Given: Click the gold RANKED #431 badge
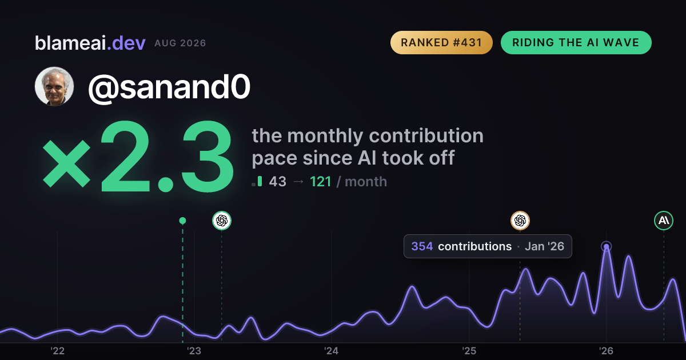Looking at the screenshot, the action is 441,42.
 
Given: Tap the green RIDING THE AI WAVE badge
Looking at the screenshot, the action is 576,42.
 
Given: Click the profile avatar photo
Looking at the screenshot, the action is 54,86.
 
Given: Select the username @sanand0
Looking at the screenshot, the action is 169,87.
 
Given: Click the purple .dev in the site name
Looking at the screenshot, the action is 126,43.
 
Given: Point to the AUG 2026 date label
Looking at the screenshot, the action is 181,43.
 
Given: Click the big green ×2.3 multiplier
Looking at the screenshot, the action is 138,157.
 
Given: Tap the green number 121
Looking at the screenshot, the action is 320,182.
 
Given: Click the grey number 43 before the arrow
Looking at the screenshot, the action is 277,182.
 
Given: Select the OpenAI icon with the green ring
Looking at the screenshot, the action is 222,221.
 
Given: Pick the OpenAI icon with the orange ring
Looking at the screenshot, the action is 520,221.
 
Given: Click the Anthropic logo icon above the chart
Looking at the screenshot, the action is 664,221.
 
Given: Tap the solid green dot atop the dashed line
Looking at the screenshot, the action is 182,221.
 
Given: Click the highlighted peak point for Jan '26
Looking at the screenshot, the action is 606,246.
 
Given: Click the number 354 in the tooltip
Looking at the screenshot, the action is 422,246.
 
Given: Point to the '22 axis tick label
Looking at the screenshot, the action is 57,351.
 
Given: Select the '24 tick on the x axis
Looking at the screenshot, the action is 332,351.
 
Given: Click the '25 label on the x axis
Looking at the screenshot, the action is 469,351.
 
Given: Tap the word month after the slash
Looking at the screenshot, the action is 366,182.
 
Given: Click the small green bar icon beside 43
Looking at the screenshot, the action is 260,181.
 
